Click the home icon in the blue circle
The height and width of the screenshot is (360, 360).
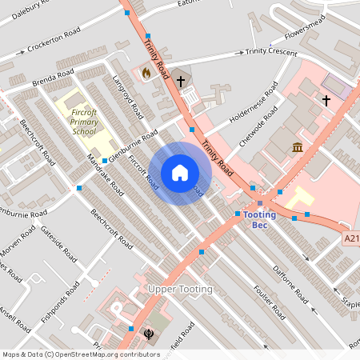180,172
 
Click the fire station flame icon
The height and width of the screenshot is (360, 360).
146,72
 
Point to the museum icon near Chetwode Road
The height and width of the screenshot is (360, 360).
298,147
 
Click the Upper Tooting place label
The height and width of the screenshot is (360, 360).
180,288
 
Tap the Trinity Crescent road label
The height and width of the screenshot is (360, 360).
270,51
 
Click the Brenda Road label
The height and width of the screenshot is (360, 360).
52,82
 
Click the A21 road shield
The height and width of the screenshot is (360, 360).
352,238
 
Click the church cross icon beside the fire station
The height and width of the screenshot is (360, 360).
181,81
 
